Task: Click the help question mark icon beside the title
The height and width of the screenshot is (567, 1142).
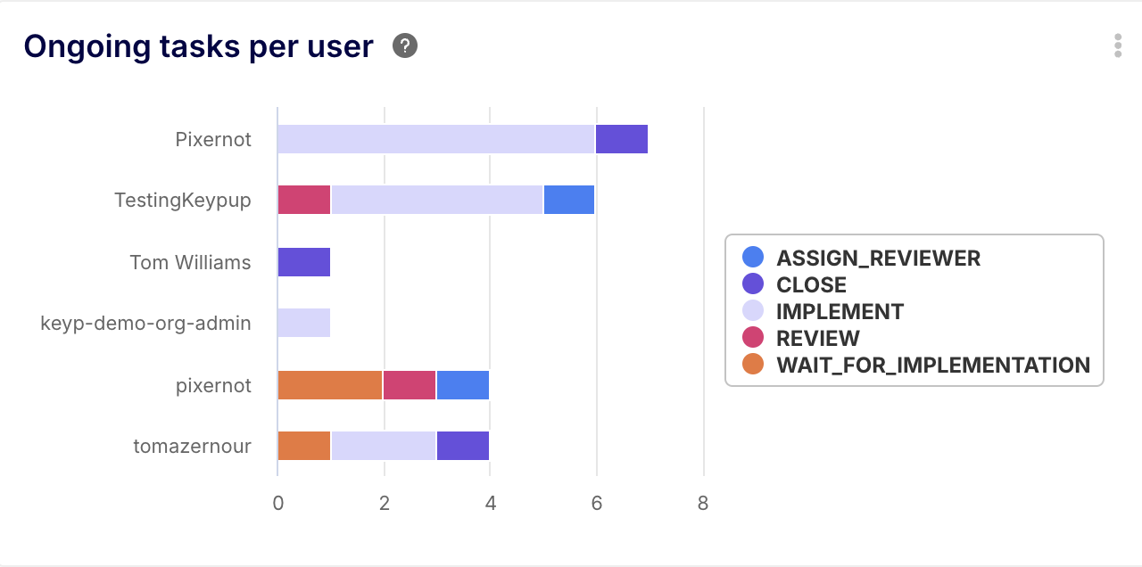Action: [405, 46]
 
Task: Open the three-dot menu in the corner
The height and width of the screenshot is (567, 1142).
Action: [1118, 46]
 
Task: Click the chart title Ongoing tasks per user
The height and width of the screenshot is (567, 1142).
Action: [198, 46]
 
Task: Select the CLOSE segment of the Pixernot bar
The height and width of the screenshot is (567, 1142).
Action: [622, 139]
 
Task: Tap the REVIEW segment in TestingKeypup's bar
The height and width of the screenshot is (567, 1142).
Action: [304, 201]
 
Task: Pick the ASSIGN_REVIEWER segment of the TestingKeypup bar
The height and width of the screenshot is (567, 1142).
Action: [569, 201]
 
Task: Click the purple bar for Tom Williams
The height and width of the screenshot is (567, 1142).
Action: [304, 262]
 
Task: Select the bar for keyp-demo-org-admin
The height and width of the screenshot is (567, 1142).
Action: [304, 324]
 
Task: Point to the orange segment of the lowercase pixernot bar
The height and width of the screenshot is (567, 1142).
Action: [330, 385]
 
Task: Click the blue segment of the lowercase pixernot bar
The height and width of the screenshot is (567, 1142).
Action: [463, 385]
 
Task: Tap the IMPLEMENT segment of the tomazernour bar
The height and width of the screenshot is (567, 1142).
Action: [384, 447]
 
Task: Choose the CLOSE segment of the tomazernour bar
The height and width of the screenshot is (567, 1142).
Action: [463, 447]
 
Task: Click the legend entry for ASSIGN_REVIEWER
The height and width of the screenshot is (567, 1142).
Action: [878, 259]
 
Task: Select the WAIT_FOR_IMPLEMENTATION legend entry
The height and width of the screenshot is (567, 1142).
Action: [932, 365]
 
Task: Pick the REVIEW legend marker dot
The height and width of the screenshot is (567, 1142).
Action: [753, 338]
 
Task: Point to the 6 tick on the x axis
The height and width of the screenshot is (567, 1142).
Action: [596, 504]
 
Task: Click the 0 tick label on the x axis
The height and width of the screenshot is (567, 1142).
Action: [278, 504]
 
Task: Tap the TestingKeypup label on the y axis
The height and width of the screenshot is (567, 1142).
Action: [183, 201]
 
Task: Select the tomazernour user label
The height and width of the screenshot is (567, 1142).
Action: [192, 447]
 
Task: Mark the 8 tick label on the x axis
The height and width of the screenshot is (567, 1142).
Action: [703, 504]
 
